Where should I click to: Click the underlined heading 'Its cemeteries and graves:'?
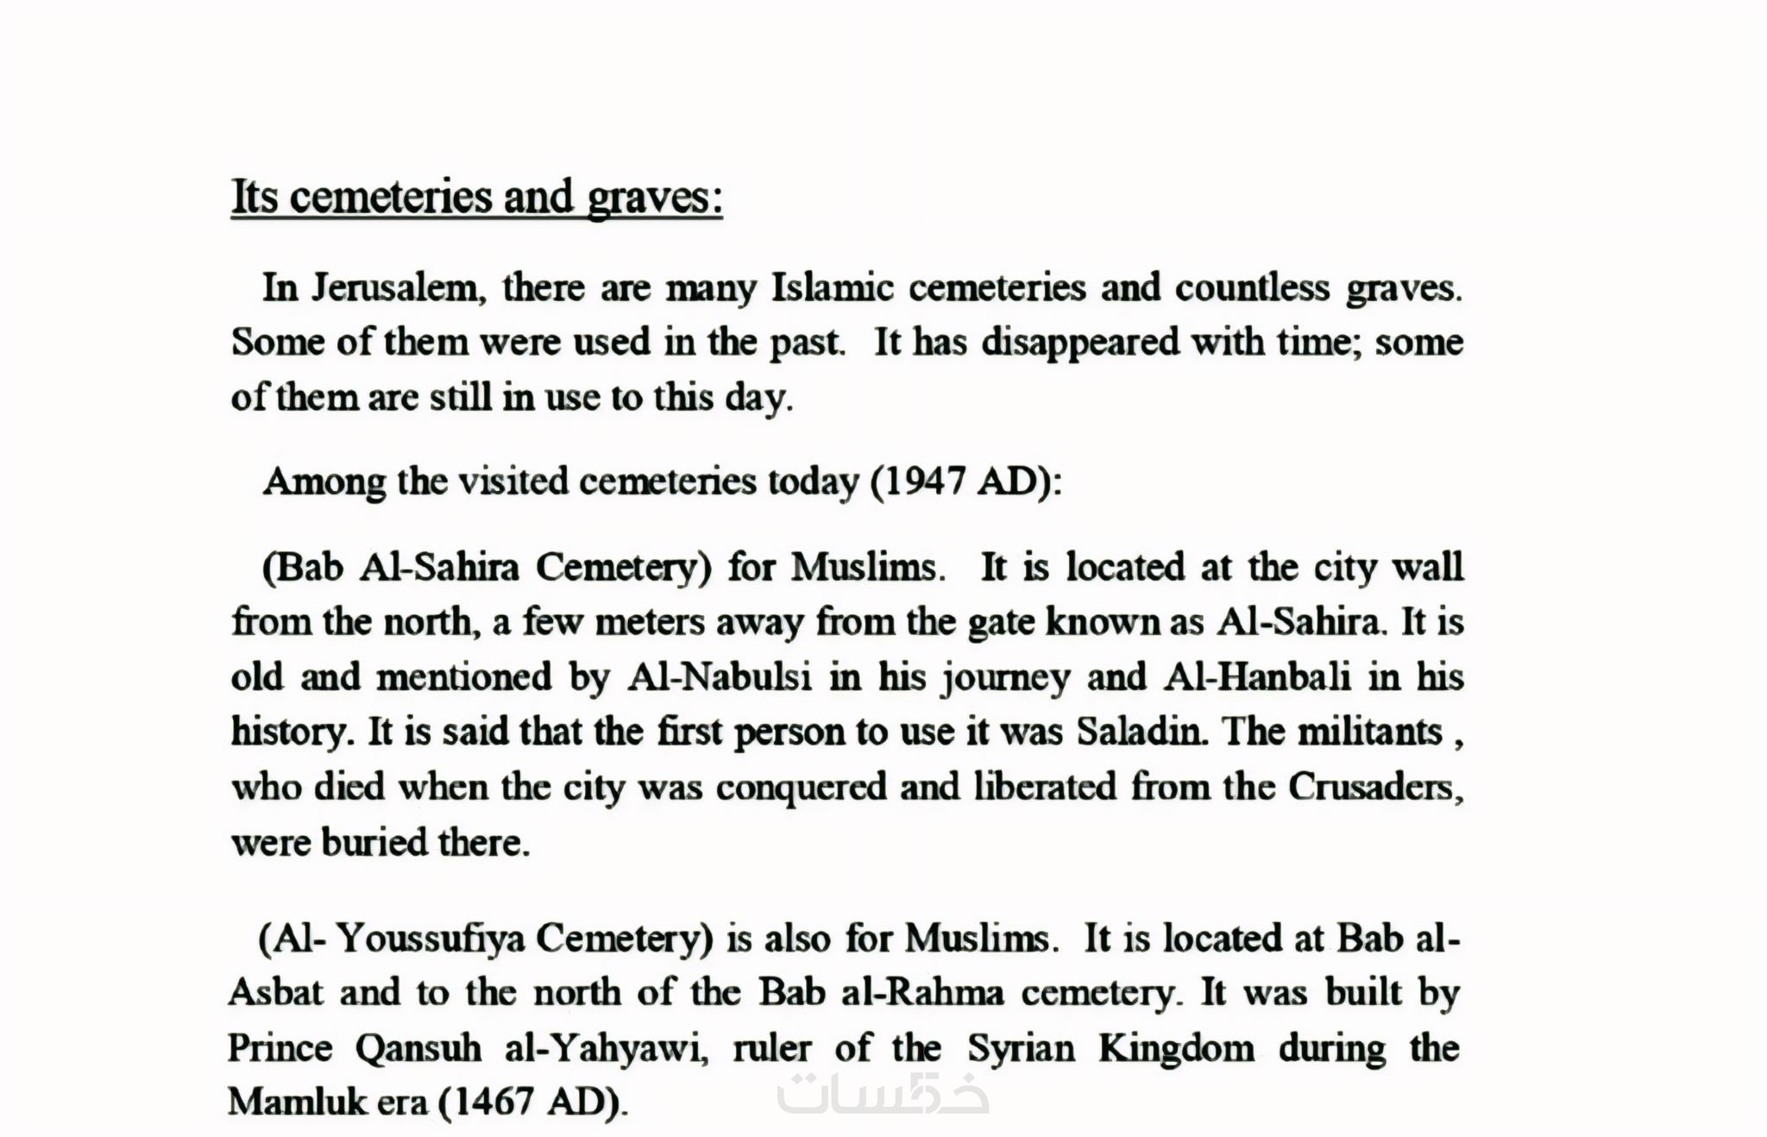pyautogui.click(x=476, y=198)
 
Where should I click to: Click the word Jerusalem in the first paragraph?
pyautogui.click(x=393, y=287)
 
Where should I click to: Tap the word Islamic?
pyautogui.click(x=832, y=287)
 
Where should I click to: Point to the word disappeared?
pyautogui.click(x=1080, y=342)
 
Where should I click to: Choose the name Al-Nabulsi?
pyautogui.click(x=720, y=677)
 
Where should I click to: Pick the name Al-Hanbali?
pyautogui.click(x=1257, y=677)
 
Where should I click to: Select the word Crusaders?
pyautogui.click(x=1375, y=788)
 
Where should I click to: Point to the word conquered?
pyautogui.click(x=801, y=788)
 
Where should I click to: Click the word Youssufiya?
pyautogui.click(x=430, y=939)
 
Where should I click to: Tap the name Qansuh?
pyautogui.click(x=418, y=1049)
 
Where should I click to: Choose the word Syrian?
pyautogui.click(x=1021, y=1049)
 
